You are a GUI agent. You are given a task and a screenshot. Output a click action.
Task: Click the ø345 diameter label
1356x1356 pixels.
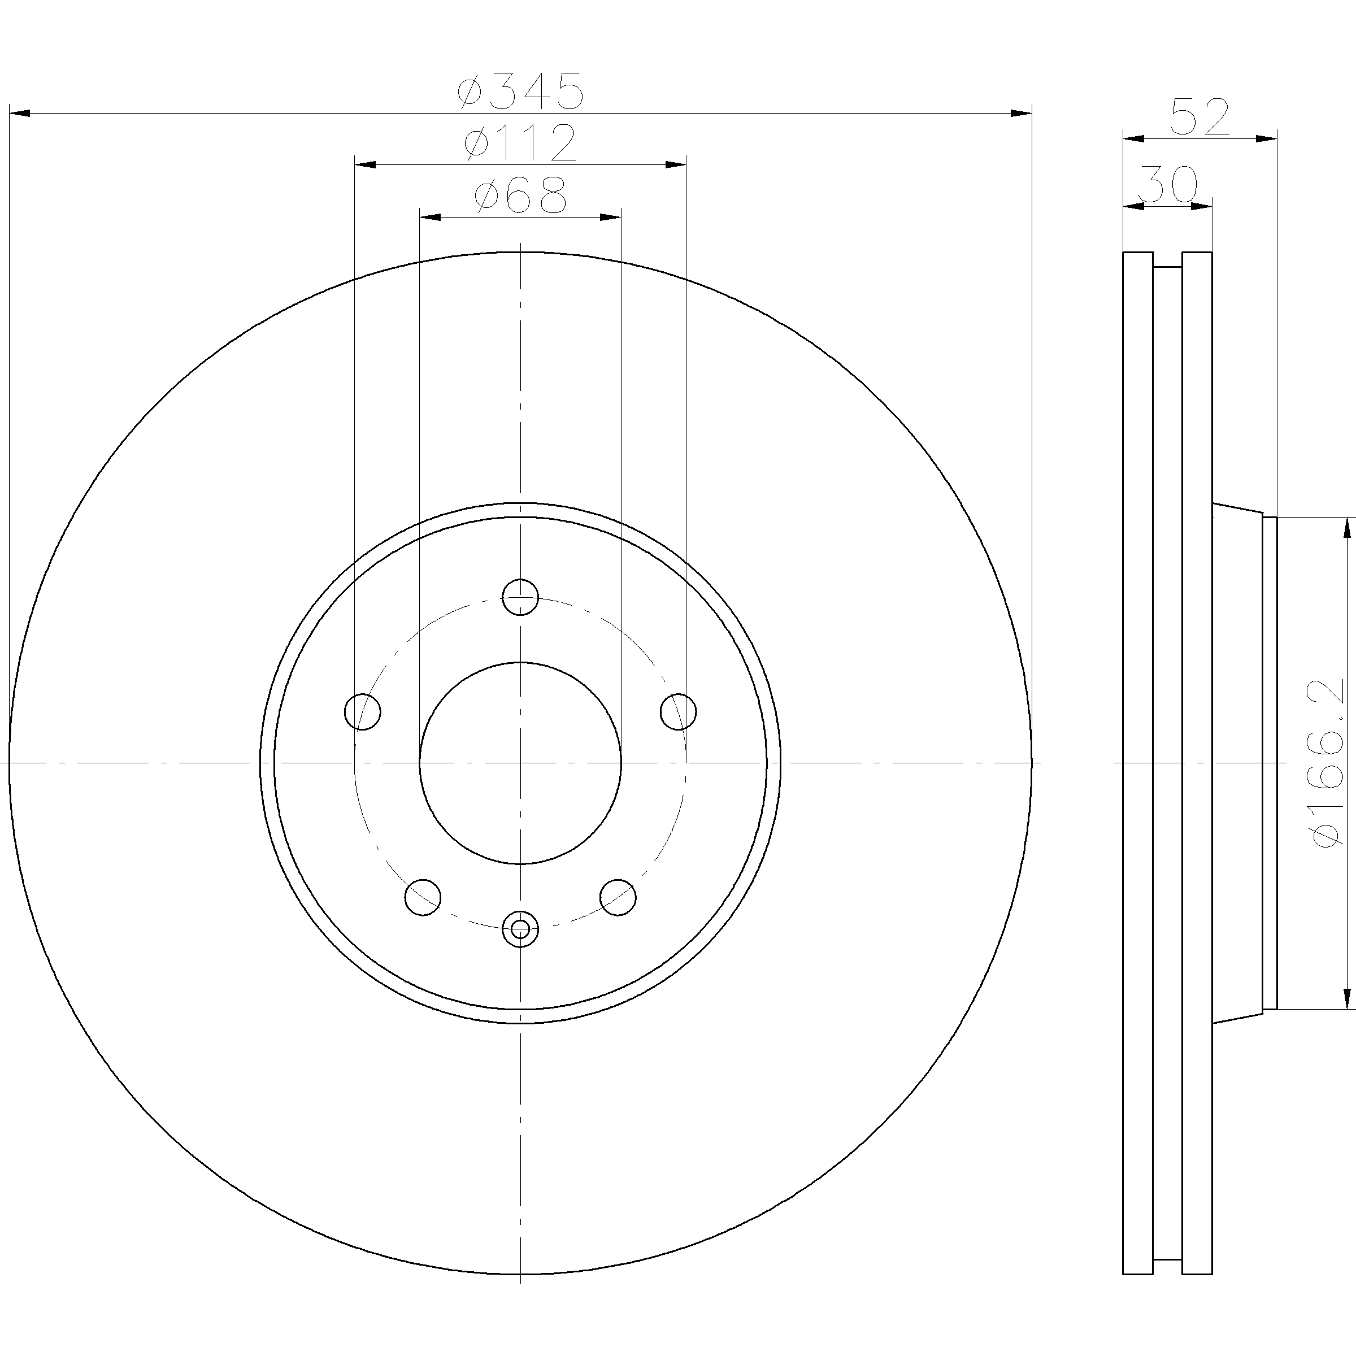(x=520, y=91)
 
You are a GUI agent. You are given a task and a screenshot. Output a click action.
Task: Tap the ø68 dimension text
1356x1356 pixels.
(x=520, y=196)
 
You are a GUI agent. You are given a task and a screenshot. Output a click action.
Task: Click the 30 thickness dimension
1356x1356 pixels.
(x=1167, y=185)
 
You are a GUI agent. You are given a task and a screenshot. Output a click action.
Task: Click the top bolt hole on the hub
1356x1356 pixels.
(x=520, y=597)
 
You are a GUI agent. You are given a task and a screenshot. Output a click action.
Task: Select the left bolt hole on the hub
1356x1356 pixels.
(x=362, y=712)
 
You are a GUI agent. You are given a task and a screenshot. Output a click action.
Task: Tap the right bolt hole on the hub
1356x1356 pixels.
(x=678, y=712)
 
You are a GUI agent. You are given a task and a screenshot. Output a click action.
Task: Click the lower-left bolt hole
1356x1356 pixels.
(x=423, y=897)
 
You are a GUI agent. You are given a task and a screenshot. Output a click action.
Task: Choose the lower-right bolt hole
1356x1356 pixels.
(x=618, y=897)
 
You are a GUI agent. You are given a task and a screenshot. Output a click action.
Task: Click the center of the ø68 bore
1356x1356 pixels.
(x=520, y=763)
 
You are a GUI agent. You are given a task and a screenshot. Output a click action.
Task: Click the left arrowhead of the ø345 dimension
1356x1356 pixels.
(x=20, y=113)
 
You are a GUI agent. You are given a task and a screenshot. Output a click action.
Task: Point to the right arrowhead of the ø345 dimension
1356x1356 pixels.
(x=1021, y=113)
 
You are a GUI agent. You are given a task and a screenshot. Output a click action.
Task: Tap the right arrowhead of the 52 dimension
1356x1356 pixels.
(x=1266, y=139)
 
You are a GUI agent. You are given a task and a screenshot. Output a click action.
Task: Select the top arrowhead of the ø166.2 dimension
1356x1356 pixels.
(x=1347, y=528)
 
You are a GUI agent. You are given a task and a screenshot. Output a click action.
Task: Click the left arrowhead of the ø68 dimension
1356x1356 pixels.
(x=429, y=218)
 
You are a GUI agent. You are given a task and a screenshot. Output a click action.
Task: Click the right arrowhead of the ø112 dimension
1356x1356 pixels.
(x=675, y=165)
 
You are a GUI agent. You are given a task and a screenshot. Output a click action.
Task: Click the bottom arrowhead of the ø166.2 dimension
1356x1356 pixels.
(x=1347, y=998)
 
